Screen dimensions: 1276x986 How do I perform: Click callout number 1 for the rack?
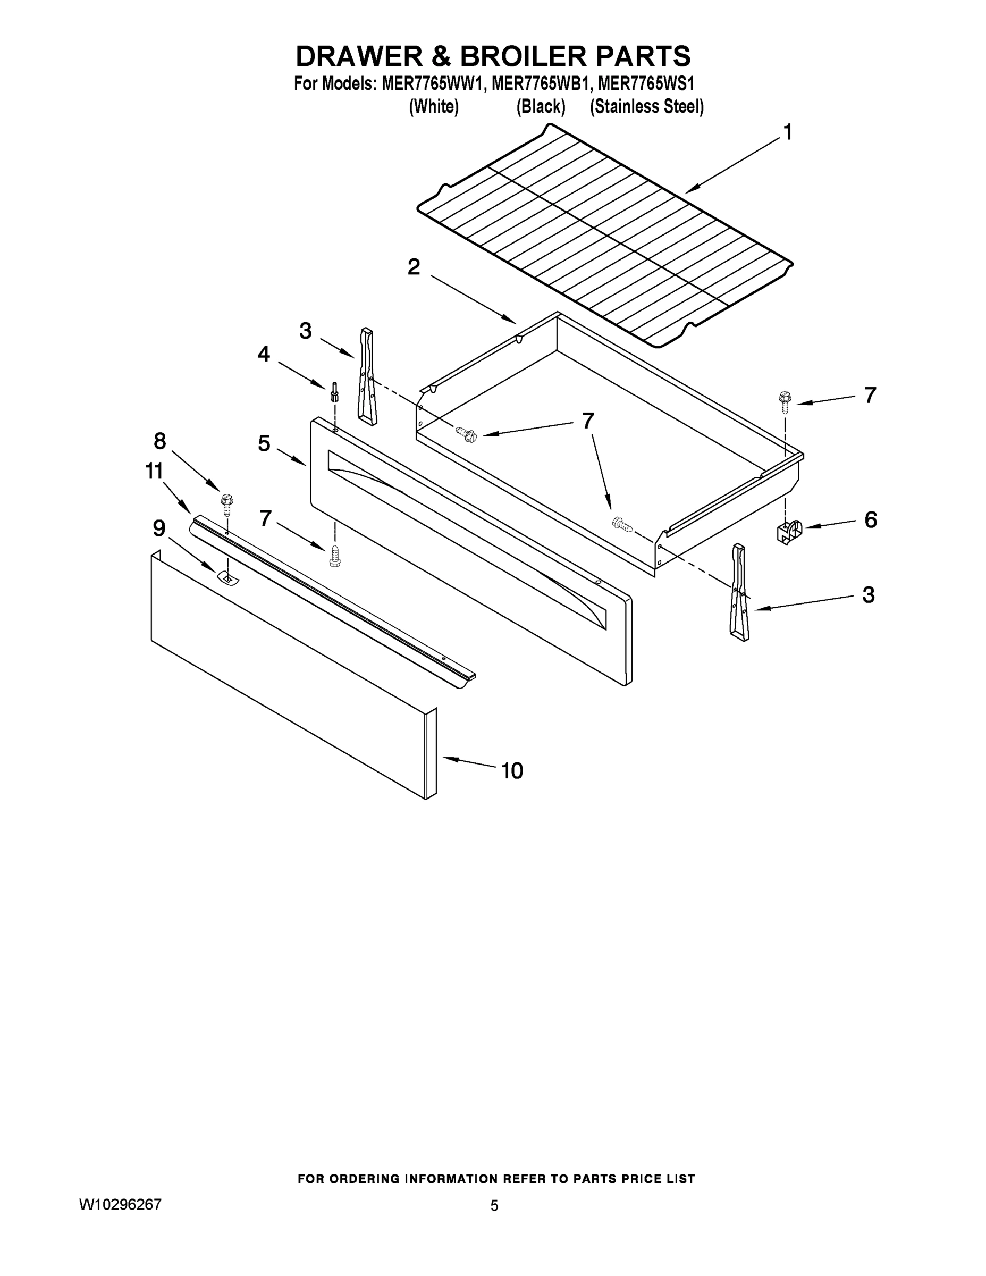coord(787,133)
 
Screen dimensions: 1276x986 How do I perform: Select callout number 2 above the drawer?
coord(414,267)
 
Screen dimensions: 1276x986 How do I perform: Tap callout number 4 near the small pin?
coord(264,354)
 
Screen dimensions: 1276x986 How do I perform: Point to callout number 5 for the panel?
coord(264,443)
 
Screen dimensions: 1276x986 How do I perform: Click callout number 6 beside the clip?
coord(870,519)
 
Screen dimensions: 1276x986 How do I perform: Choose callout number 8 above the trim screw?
coord(159,441)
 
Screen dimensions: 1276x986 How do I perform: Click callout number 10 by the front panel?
coord(512,771)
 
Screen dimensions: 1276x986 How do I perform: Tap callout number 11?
coord(154,471)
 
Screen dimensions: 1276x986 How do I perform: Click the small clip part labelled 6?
coord(790,531)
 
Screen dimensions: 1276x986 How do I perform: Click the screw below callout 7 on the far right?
coord(785,402)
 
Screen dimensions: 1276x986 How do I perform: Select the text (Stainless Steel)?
coord(647,107)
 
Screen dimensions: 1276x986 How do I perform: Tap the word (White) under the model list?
coord(433,107)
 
